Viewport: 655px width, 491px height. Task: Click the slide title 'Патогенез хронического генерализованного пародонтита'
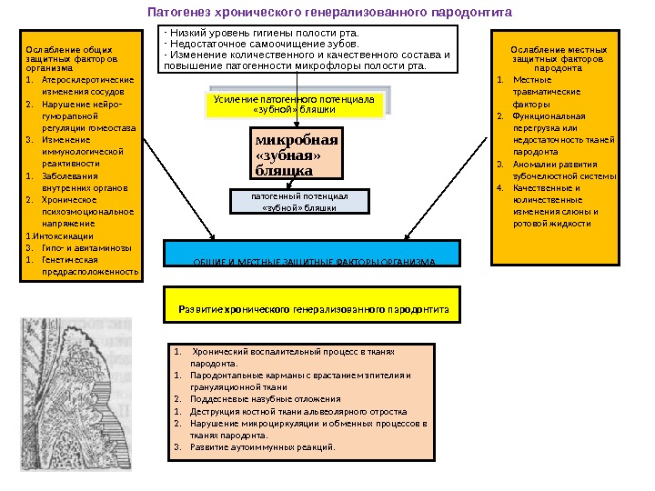[x=330, y=13]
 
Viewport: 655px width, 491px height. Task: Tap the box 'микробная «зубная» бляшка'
[x=297, y=155]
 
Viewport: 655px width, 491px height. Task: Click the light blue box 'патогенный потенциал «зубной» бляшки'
[x=299, y=201]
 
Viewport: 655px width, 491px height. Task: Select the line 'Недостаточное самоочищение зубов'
[x=262, y=43]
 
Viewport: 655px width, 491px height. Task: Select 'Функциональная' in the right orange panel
[x=549, y=116]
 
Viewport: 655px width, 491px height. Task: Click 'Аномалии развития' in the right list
[x=555, y=164]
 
